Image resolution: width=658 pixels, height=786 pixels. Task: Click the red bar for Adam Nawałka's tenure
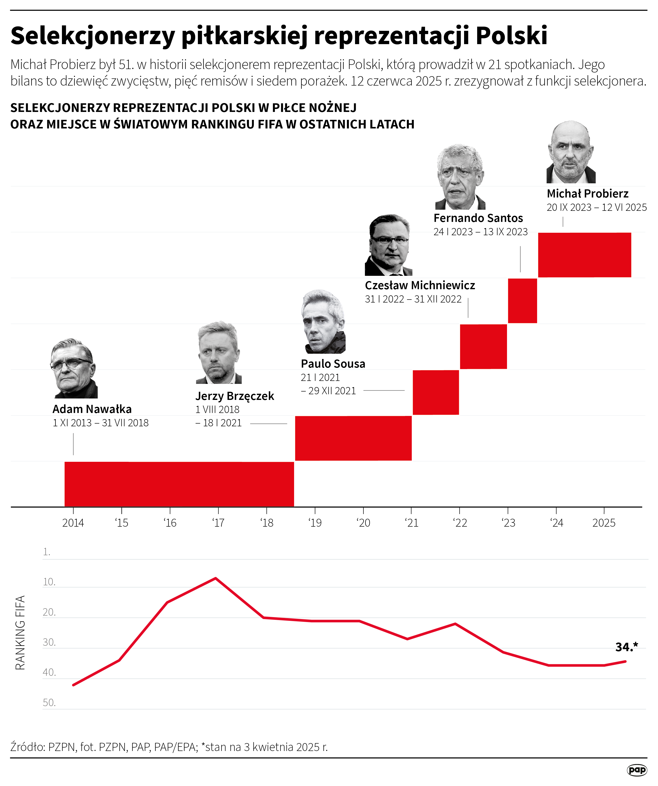(x=179, y=484)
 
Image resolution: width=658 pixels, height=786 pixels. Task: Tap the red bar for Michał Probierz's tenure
(x=584, y=255)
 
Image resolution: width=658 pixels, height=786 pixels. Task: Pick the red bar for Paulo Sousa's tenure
(x=435, y=392)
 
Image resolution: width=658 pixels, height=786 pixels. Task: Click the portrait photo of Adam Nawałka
(x=74, y=369)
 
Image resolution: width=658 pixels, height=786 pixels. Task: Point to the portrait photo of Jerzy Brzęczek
(x=219, y=353)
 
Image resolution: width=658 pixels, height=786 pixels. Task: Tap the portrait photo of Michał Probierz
(x=571, y=152)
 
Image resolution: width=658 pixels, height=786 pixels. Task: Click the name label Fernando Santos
(x=478, y=218)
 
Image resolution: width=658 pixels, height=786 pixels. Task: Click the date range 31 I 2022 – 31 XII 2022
(x=413, y=299)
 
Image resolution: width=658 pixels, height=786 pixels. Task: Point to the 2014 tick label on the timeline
(x=73, y=523)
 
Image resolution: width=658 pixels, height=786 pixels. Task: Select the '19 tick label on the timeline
(x=315, y=523)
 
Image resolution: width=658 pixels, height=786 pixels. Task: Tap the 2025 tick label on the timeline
(x=604, y=523)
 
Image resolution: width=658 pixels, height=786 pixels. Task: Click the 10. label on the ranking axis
(x=49, y=582)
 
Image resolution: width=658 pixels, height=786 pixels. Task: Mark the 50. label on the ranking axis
(x=49, y=702)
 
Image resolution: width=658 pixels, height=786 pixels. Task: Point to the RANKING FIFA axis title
(x=20, y=633)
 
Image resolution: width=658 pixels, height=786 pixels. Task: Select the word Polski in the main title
(x=511, y=36)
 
